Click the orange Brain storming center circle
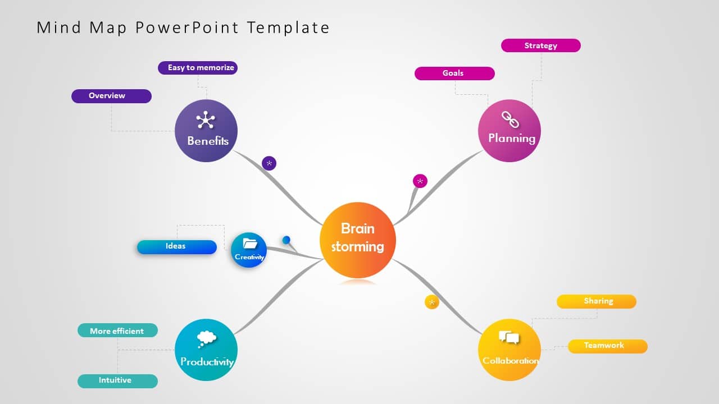coord(358,240)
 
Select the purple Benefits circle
coord(206,131)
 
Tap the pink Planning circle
coord(509,131)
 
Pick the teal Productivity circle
coord(206,350)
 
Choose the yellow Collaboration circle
coord(509,350)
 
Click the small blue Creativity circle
coord(249,250)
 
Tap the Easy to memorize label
coord(198,68)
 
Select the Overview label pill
coord(111,96)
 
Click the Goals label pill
coord(454,74)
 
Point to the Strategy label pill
coord(540,45)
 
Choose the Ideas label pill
coord(176,247)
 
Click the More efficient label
coord(117,330)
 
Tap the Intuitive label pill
coord(117,381)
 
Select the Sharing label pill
coord(596,301)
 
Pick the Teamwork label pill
coord(607,346)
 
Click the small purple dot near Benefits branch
coord(269,163)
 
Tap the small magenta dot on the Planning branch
coord(420,181)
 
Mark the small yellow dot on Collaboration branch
coord(431,302)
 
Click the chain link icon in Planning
coord(510,120)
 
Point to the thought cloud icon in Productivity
coord(207,338)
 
